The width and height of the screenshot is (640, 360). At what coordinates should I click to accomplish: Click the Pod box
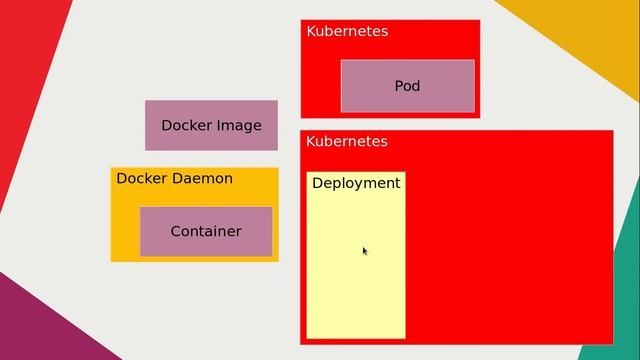(407, 86)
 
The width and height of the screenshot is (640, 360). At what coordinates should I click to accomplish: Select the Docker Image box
(211, 125)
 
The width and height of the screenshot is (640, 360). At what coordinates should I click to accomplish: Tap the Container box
(205, 231)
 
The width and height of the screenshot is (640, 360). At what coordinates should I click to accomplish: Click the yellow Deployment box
(356, 270)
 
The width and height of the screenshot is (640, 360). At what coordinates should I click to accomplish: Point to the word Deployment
(356, 183)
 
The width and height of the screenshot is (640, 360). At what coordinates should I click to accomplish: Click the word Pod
(407, 86)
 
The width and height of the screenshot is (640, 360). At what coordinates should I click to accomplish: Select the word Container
(206, 231)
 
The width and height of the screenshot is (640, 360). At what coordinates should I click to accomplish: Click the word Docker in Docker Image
(186, 125)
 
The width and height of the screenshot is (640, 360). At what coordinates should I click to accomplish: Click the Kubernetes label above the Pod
(347, 31)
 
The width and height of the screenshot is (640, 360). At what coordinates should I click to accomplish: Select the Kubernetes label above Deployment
(347, 141)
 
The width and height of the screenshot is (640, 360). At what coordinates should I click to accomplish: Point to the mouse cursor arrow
(364, 250)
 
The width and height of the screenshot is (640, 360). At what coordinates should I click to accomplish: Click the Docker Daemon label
(174, 178)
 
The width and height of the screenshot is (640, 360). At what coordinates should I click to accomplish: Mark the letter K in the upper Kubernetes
(311, 31)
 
